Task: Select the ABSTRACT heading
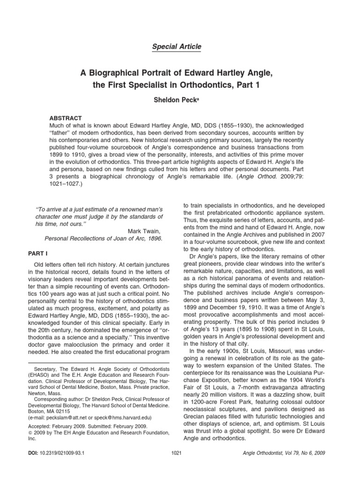coord(66,118)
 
